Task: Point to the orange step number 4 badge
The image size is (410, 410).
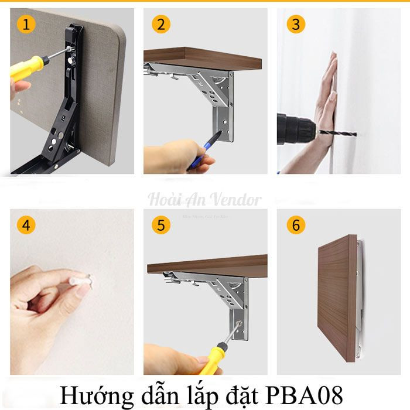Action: [x=25, y=225]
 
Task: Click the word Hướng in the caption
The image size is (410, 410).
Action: [x=94, y=391]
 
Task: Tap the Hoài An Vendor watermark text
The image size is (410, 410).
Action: [x=204, y=199]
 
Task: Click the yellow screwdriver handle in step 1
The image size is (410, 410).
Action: [x=26, y=67]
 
